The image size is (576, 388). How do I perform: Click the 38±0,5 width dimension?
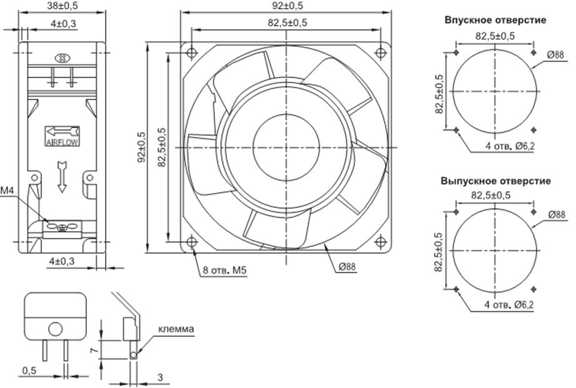[x=61, y=6]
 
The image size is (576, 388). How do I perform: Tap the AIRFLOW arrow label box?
[x=61, y=136]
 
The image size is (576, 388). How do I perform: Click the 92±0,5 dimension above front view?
[x=287, y=6]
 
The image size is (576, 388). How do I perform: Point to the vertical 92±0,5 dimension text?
[x=141, y=148]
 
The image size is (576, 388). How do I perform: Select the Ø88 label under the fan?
[x=347, y=267]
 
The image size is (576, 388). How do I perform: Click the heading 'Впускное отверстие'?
[x=495, y=20]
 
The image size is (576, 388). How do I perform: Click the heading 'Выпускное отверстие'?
[x=495, y=182]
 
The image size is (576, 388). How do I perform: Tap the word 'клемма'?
[x=176, y=329]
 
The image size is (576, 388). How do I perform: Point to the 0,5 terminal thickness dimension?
[x=29, y=371]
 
